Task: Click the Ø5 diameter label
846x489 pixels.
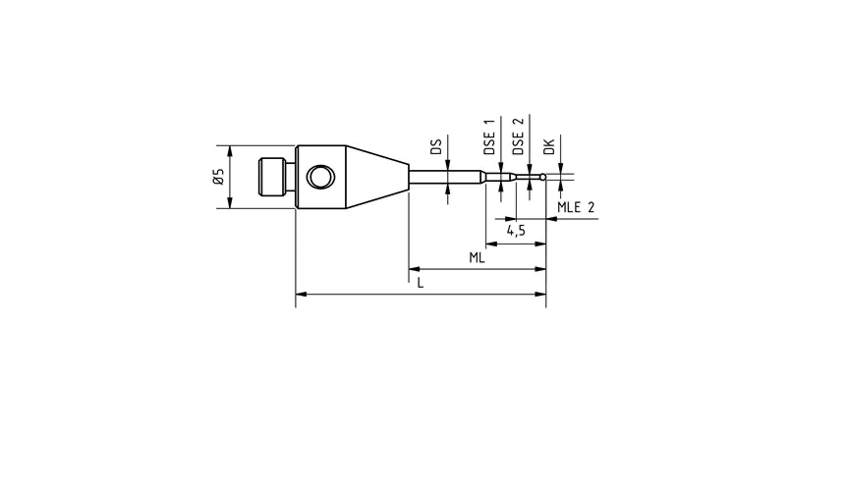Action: tap(218, 177)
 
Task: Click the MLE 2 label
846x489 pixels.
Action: tap(576, 208)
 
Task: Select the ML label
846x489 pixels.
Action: tap(476, 257)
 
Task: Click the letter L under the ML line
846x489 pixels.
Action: tap(421, 283)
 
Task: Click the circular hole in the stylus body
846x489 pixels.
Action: tap(319, 178)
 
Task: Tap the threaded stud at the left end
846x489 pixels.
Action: tap(274, 178)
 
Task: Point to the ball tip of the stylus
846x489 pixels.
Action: tap(542, 177)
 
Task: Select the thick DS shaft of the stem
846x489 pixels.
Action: tap(447, 177)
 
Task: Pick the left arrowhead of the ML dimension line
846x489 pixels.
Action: tap(415, 268)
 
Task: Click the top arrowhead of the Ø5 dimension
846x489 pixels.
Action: tap(230, 151)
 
